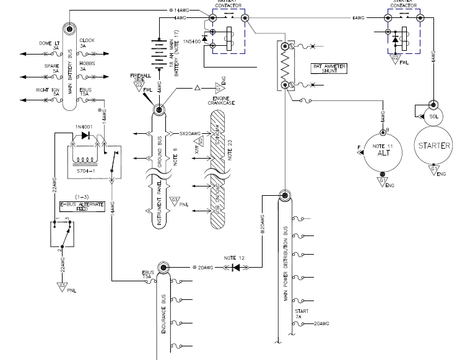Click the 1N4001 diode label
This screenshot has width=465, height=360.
click(x=83, y=128)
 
